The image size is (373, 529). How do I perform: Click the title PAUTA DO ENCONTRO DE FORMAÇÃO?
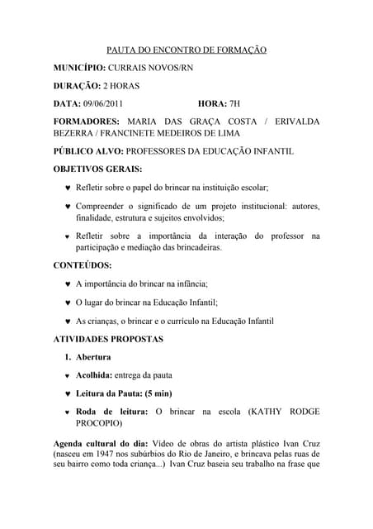187,50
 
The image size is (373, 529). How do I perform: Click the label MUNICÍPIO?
79,67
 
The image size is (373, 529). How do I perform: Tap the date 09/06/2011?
102,103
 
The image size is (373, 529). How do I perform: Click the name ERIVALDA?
291,122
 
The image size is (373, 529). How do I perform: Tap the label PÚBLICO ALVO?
88,151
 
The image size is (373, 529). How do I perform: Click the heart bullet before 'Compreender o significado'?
67,206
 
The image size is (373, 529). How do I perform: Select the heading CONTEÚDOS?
83,265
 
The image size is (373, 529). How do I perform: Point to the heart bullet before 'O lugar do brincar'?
67,303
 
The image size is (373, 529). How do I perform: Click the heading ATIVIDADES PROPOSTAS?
108,339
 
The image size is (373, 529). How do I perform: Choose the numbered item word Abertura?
93,357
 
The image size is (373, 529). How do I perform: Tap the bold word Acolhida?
96,375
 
